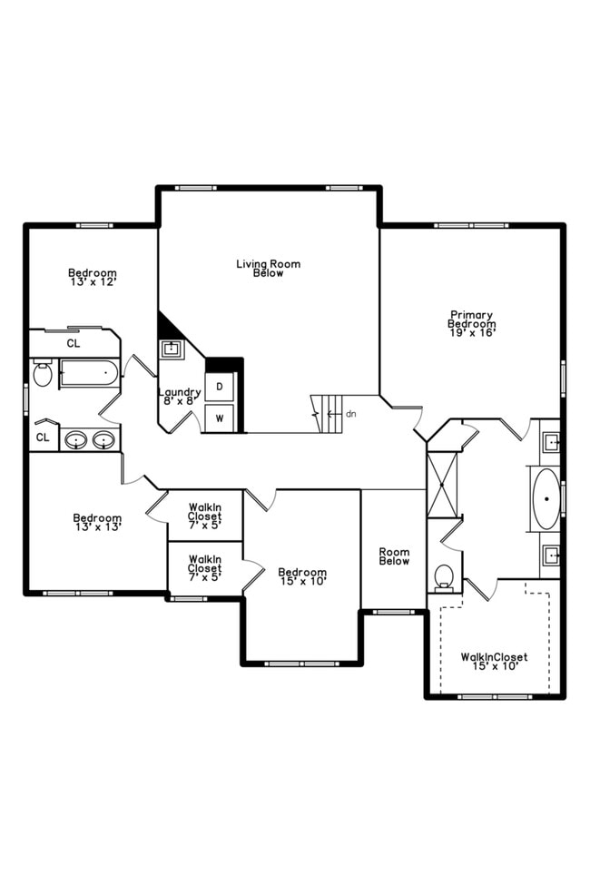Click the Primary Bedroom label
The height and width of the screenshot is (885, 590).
point(472,324)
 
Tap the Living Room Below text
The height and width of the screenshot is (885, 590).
point(268,268)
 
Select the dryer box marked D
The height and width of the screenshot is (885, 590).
point(220,387)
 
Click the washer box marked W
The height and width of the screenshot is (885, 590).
point(220,418)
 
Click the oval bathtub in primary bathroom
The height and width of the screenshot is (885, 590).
point(546,498)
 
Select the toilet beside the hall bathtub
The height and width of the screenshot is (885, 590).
point(43,374)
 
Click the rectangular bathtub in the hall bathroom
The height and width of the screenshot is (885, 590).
point(89,373)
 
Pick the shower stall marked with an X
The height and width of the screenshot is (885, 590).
point(443,482)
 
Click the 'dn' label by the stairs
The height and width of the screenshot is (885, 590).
point(350,414)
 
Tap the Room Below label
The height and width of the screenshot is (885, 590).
point(394,556)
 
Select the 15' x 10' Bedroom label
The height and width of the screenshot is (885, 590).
point(302,576)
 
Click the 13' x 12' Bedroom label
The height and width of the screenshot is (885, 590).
point(93,277)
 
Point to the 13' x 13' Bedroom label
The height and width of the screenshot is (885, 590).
point(97,522)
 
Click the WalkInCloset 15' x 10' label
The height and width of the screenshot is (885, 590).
point(494,662)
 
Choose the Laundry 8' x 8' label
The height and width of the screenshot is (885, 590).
point(180,397)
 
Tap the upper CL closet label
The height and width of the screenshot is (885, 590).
point(74,344)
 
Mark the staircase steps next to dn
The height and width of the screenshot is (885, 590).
point(329,413)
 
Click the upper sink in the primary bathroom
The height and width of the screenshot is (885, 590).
point(549,444)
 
